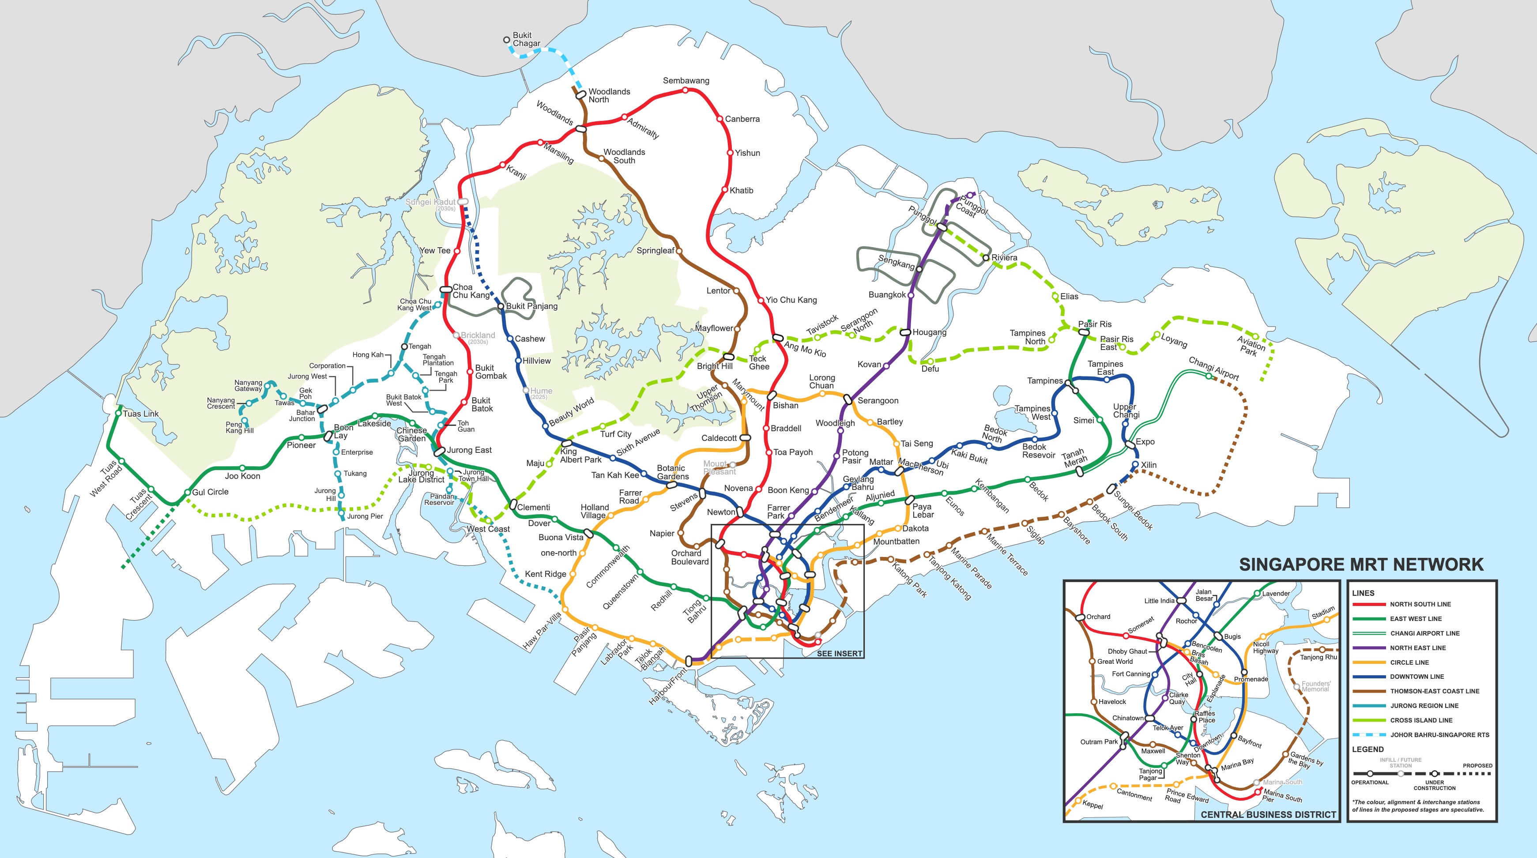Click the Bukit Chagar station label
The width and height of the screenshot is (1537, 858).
coord(526,39)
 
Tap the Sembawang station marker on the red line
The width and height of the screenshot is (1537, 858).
coord(686,90)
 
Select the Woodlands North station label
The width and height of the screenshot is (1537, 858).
coord(609,95)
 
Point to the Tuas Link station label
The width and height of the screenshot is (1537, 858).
coord(141,414)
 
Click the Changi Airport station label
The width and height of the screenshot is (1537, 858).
coord(1213,369)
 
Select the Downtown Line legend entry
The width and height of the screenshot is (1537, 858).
coord(1416,677)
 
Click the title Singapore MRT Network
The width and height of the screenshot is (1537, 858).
coord(1361,564)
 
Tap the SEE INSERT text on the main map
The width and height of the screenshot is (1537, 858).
coord(839,653)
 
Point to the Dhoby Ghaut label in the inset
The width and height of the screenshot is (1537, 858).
coord(1127,651)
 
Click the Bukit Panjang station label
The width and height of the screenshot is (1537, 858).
coord(531,306)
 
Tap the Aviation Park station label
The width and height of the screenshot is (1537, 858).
coord(1250,346)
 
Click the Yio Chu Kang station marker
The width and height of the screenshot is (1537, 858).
coord(761,300)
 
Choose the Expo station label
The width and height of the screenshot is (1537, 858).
coord(1145,441)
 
